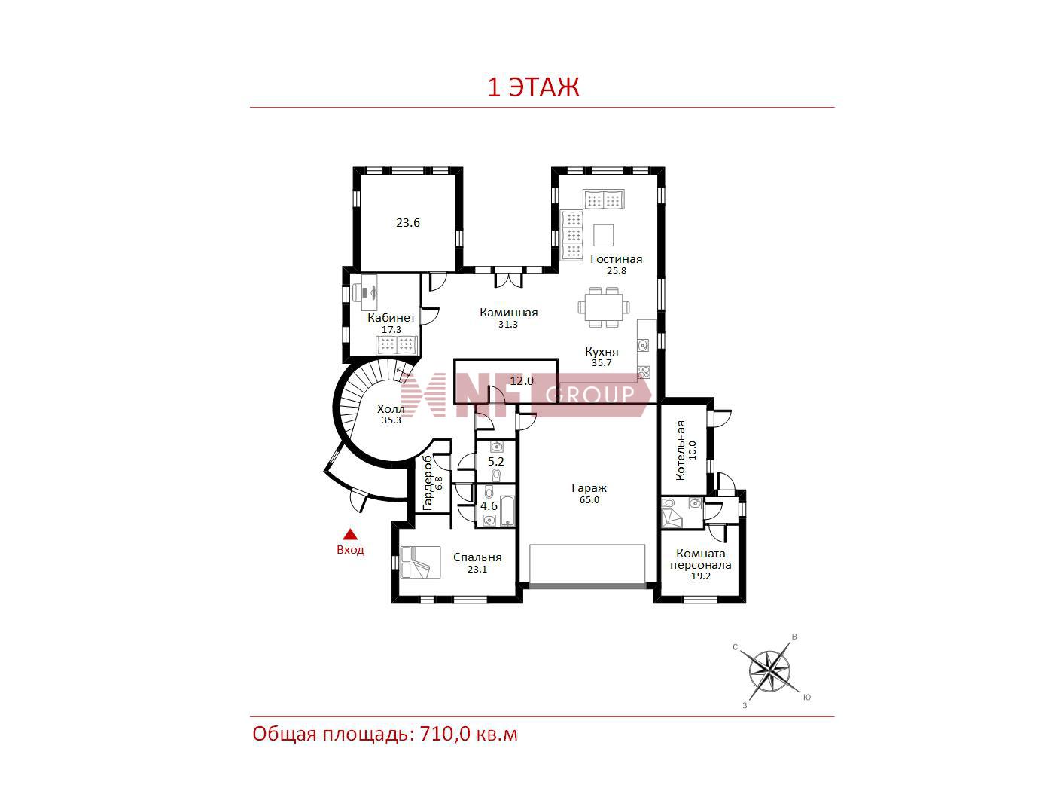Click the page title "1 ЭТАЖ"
point(533,87)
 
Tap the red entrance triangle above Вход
point(350,533)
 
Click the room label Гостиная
point(616,259)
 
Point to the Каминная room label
point(508,313)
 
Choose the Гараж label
point(589,488)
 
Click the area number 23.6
point(408,223)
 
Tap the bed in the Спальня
point(420,563)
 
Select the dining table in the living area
point(604,307)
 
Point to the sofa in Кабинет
point(397,344)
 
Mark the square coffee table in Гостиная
point(603,235)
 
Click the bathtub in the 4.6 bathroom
point(507,511)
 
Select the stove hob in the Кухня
point(644,371)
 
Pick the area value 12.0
point(522,381)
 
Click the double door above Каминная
point(508,277)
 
